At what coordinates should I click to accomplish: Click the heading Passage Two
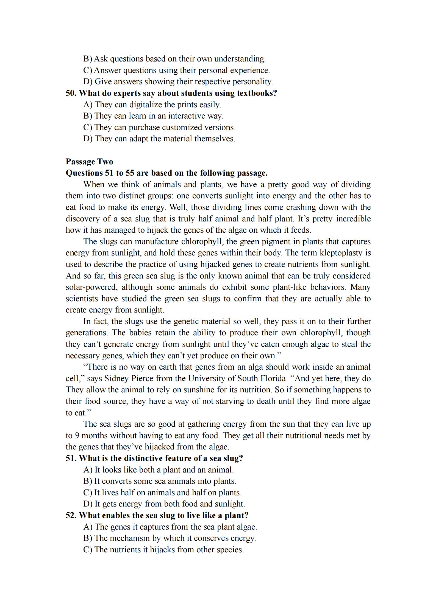[89, 162]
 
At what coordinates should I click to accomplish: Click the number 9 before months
[77, 435]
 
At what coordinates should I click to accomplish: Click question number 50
[71, 93]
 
